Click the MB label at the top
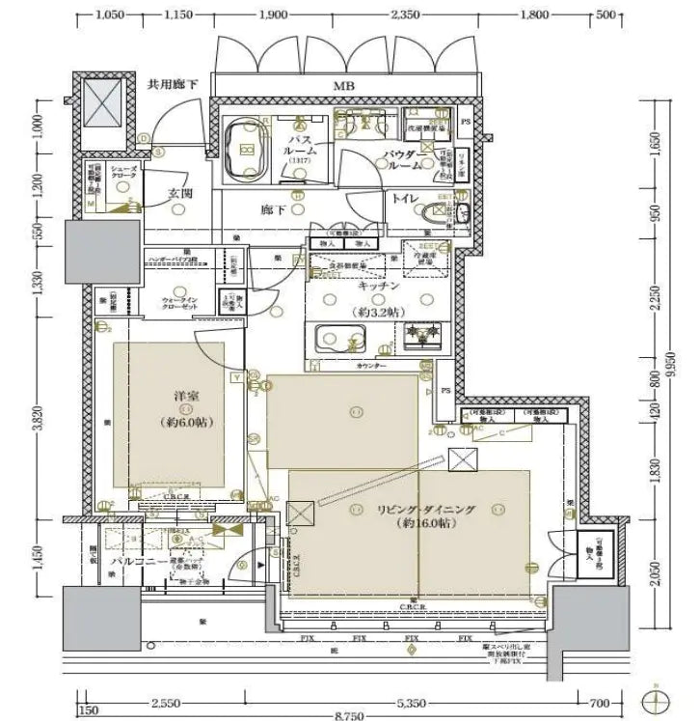coord(344,87)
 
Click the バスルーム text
coord(301,152)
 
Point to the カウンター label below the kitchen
coord(372,367)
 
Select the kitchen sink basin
coord(340,340)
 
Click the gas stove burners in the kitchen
coord(421,338)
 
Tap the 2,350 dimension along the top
coord(405,14)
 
